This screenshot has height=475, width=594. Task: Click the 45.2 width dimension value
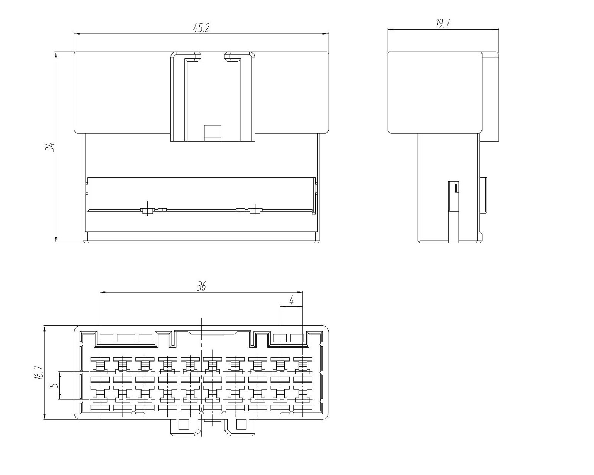(201, 28)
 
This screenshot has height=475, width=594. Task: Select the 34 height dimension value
(50, 147)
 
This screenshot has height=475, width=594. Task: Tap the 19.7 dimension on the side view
(443, 24)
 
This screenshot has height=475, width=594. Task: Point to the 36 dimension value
(202, 286)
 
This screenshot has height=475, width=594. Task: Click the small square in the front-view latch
(213, 133)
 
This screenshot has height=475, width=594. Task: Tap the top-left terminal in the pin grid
(100, 366)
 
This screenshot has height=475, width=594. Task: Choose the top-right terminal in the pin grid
(303, 366)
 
